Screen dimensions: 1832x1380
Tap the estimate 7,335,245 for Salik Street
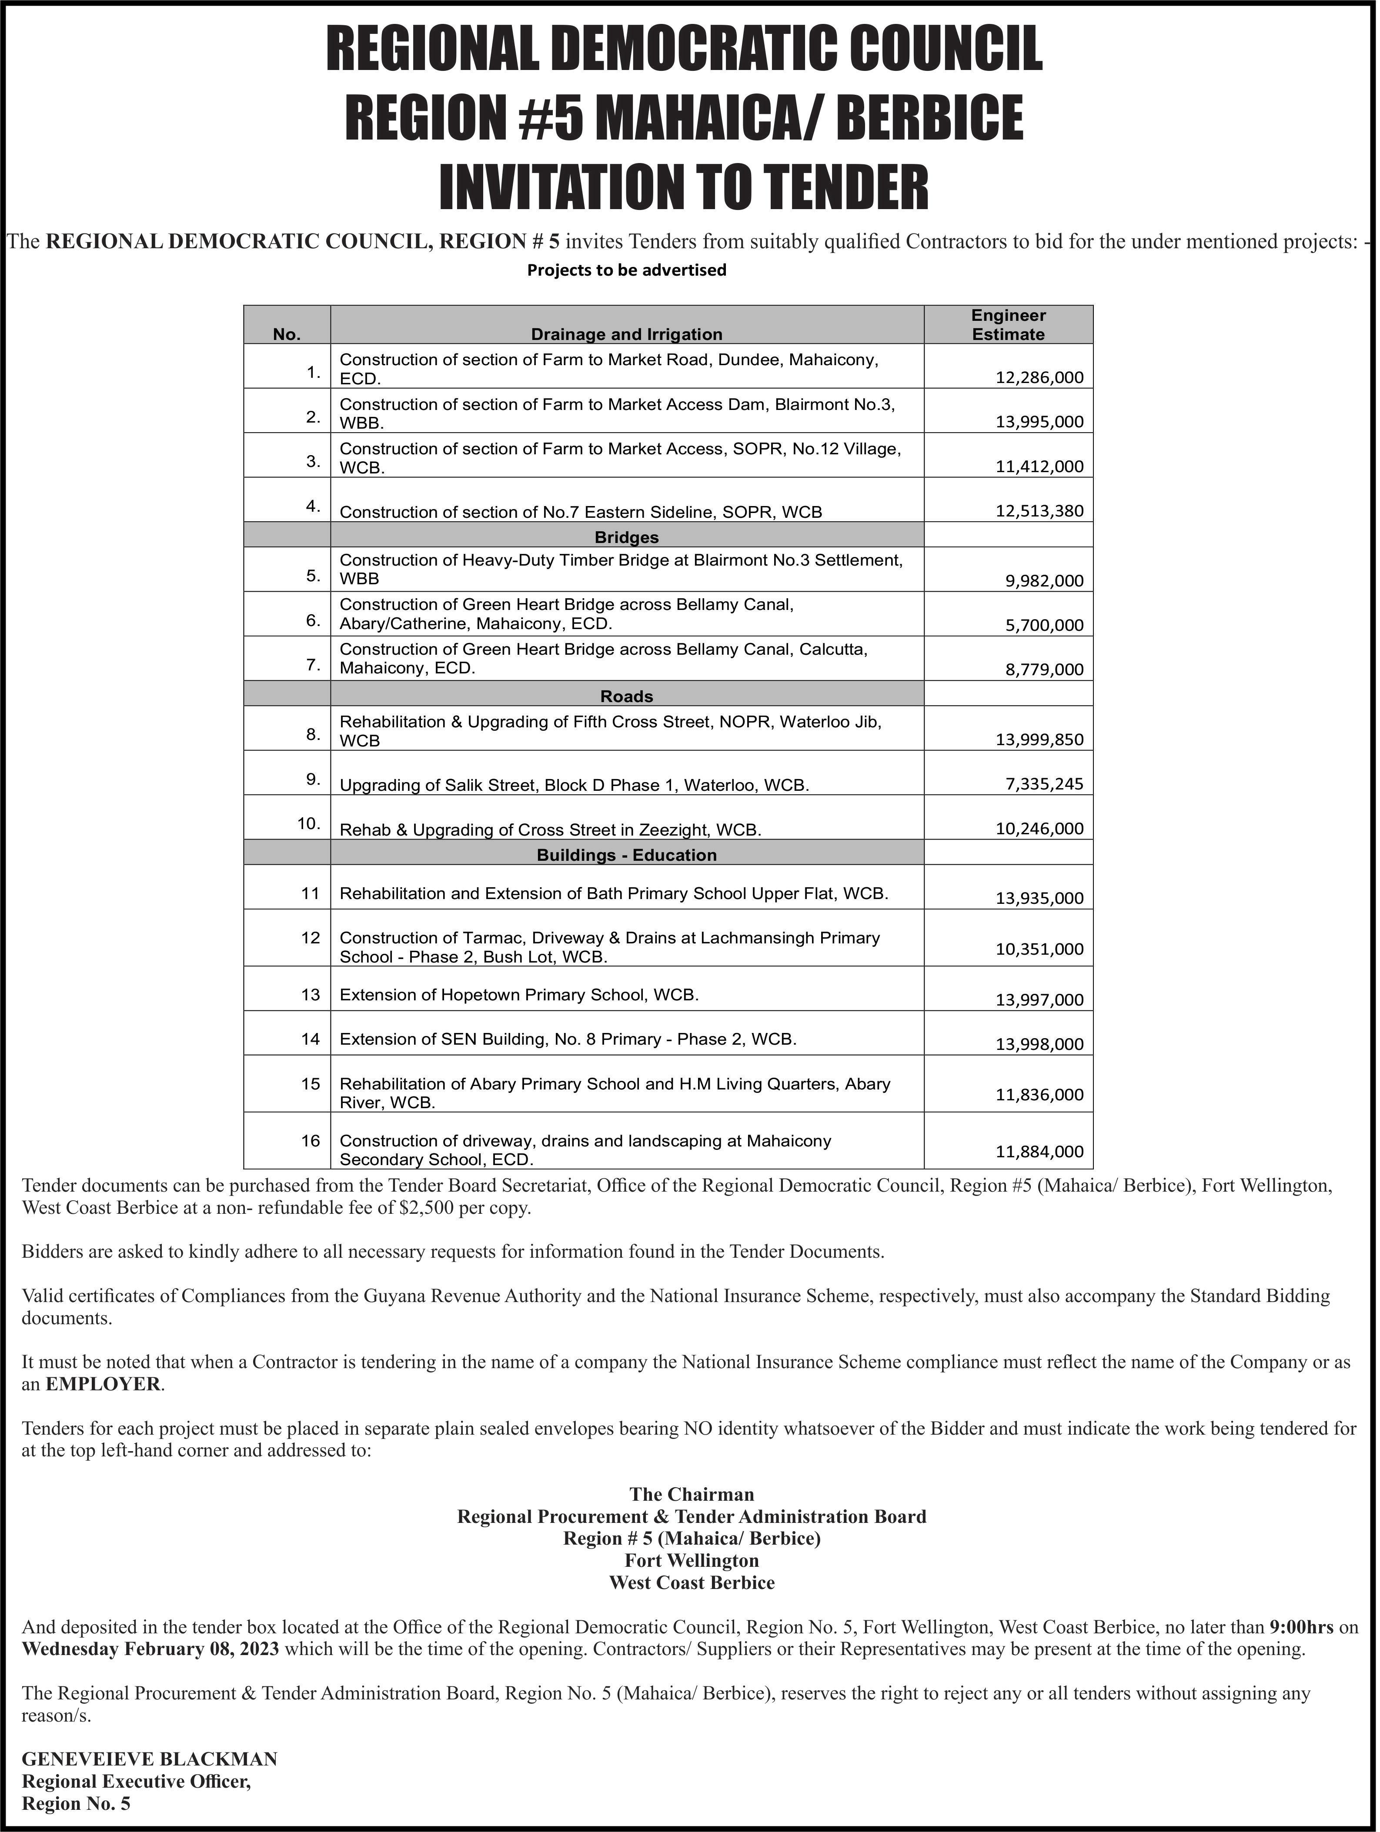tap(1044, 783)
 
